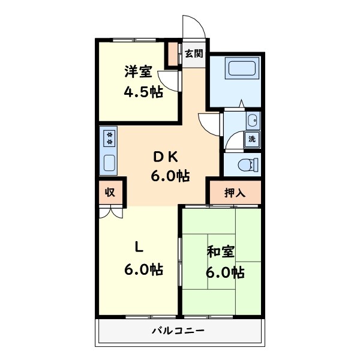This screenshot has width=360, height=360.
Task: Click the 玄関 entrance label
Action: pos(193,53)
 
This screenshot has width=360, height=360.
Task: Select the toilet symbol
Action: pos(248,164)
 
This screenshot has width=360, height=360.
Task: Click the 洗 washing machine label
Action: pos(252,139)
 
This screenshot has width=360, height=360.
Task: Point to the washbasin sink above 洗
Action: pos(253,120)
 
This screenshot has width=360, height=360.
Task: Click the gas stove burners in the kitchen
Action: pos(109,139)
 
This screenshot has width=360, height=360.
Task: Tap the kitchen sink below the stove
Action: pos(109,162)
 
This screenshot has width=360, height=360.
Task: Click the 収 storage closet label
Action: pos(110,192)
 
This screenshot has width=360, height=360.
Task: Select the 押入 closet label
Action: pos(235,193)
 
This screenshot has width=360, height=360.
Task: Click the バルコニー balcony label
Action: pos(178,331)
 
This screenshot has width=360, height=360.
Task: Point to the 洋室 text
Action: pos(137,72)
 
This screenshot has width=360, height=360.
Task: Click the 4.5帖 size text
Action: pos(143,92)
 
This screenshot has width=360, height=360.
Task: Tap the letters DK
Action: pos(166,157)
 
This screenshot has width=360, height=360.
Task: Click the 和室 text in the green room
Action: pos(221,251)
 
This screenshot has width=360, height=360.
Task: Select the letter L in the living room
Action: pos(139,246)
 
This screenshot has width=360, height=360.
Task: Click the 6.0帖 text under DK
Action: pos(170,176)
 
